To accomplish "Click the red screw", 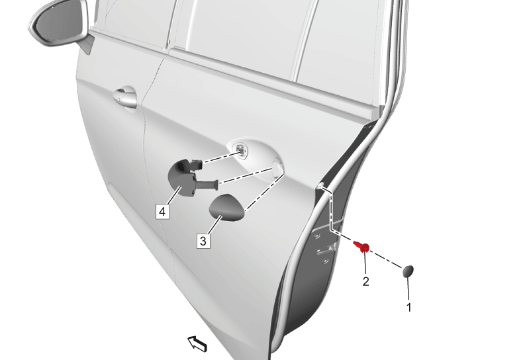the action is tap(361, 247).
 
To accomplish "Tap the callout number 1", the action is tap(409, 308).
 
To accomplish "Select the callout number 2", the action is tap(365, 281).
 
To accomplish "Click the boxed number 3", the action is tap(203, 241).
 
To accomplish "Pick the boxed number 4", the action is tap(162, 212).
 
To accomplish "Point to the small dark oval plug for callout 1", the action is tap(408, 271).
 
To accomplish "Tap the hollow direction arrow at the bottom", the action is tap(197, 344).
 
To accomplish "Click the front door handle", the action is tap(125, 97).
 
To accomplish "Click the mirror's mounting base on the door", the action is tap(86, 44).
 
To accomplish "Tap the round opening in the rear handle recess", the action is tap(277, 167).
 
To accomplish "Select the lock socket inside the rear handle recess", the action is tap(241, 149).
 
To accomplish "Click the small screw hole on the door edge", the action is tap(320, 186).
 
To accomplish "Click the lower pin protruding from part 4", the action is tap(207, 185).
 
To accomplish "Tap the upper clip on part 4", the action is tap(197, 164).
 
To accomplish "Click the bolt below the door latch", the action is tap(325, 261).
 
